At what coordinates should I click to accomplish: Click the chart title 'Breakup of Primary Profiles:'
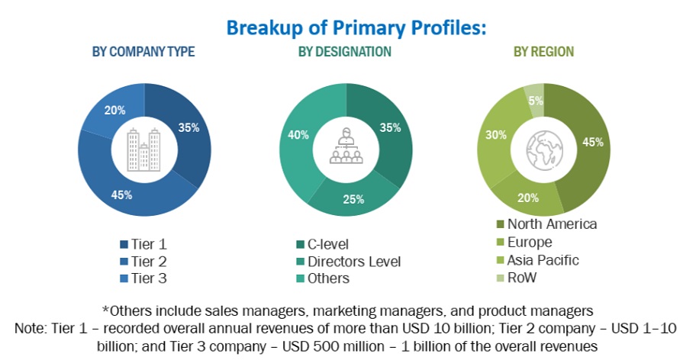click(356, 27)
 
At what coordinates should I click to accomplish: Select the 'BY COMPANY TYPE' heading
click(143, 52)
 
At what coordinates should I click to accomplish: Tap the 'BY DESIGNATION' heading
click(345, 52)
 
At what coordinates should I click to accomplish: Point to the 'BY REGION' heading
click(543, 52)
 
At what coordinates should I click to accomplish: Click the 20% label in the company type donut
click(115, 110)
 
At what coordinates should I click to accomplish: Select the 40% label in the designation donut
click(298, 135)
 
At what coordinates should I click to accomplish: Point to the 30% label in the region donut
click(495, 134)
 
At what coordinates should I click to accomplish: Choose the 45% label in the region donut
click(593, 141)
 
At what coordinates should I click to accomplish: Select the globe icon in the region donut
click(543, 149)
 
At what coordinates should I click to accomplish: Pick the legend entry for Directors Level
click(350, 262)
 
